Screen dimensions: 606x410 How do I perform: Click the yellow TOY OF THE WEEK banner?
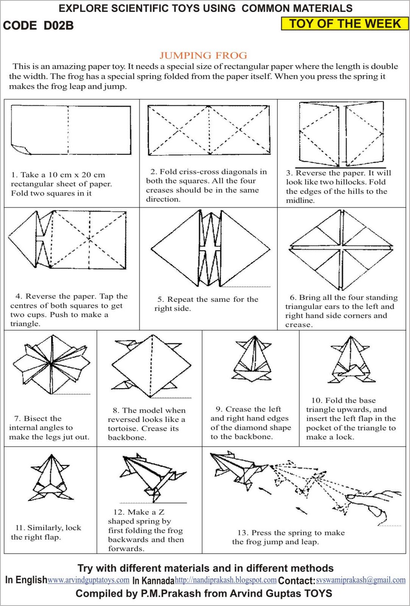(x=345, y=23)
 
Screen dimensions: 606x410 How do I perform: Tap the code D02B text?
(x=38, y=25)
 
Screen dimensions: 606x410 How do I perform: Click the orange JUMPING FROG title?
(x=203, y=56)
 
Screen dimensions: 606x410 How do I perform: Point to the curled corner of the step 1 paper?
(x=21, y=149)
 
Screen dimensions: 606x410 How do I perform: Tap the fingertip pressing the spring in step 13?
(x=350, y=496)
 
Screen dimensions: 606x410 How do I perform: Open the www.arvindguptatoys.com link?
(x=89, y=580)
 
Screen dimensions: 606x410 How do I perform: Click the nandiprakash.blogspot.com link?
(x=226, y=580)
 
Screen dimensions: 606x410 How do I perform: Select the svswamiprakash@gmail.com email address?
(x=361, y=580)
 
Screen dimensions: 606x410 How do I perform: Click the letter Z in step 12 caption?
(x=161, y=512)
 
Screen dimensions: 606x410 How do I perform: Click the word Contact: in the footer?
(x=296, y=580)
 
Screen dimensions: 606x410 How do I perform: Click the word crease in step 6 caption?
(x=298, y=325)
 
